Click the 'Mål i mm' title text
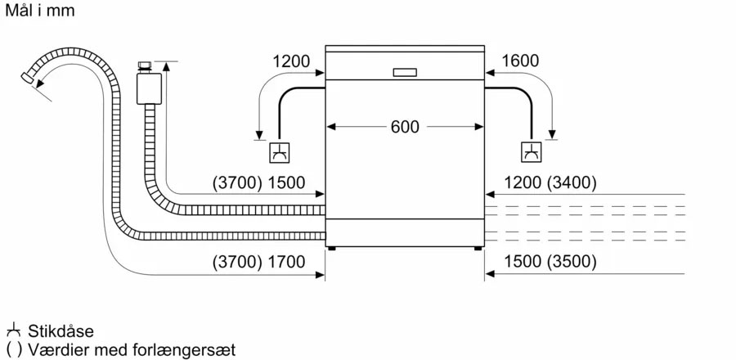(41, 11)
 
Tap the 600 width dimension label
(405, 127)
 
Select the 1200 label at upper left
(291, 61)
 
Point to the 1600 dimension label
(521, 61)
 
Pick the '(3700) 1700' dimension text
(258, 263)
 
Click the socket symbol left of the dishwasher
(279, 153)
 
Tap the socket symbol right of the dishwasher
(531, 153)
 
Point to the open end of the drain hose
(27, 79)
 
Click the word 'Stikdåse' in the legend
(61, 331)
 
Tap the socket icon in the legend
(13, 331)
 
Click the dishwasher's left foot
(331, 247)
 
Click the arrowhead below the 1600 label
(554, 135)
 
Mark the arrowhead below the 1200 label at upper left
(258, 135)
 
